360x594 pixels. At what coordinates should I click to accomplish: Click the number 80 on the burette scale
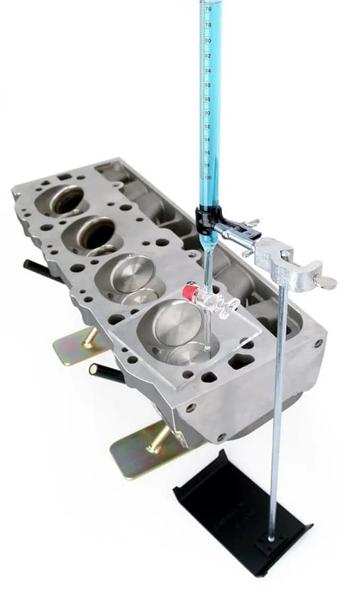click(208, 40)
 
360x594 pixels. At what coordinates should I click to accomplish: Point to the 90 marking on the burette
click(209, 113)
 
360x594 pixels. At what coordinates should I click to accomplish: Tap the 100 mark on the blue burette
click(209, 177)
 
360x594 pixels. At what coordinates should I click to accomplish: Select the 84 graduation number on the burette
click(208, 70)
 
